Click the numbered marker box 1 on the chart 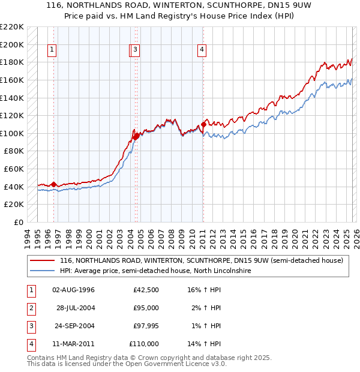(x=52, y=50)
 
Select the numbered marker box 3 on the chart (x=136, y=50)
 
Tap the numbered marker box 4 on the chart (x=202, y=50)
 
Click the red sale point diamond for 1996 (x=54, y=184)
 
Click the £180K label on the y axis (x=13, y=62)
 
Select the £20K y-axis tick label (x=15, y=205)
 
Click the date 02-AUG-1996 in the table (x=74, y=290)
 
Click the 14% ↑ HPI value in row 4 (x=204, y=344)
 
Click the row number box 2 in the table (x=31, y=308)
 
